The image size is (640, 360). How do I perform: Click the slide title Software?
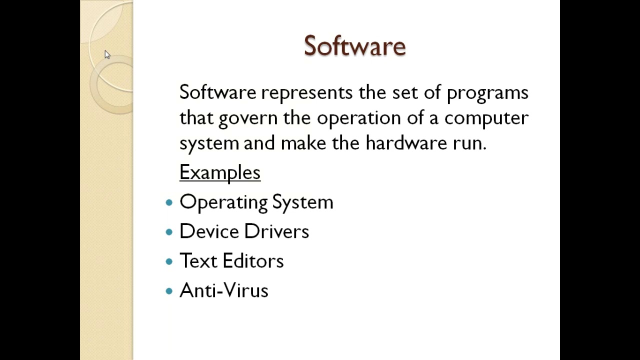pos(354,46)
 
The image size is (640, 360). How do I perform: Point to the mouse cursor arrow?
pos(107,54)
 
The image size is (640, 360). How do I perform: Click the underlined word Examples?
pos(220,172)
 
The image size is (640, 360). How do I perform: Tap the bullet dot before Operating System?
pos(169,202)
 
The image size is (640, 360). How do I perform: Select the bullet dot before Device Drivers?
pos(169,231)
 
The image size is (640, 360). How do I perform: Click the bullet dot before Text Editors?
pos(169,261)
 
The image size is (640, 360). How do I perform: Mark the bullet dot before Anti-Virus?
pos(169,290)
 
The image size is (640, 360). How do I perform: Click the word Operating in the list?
pos(223,202)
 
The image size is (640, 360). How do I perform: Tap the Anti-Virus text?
pos(224,290)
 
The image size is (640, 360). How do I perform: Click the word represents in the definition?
pos(307,93)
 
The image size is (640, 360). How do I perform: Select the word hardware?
pos(406,143)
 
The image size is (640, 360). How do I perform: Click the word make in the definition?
pos(303,143)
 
